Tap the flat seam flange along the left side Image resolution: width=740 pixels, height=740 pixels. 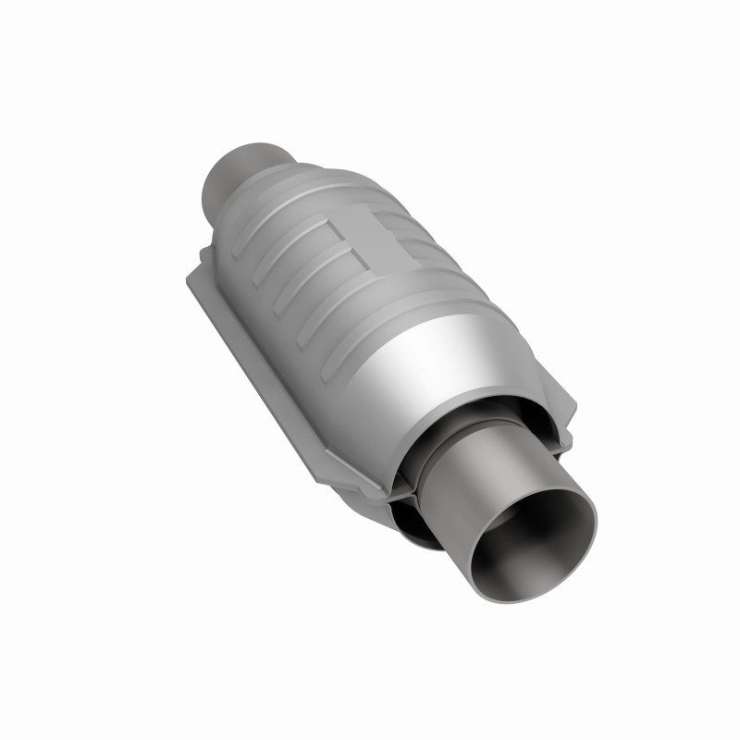250,351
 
